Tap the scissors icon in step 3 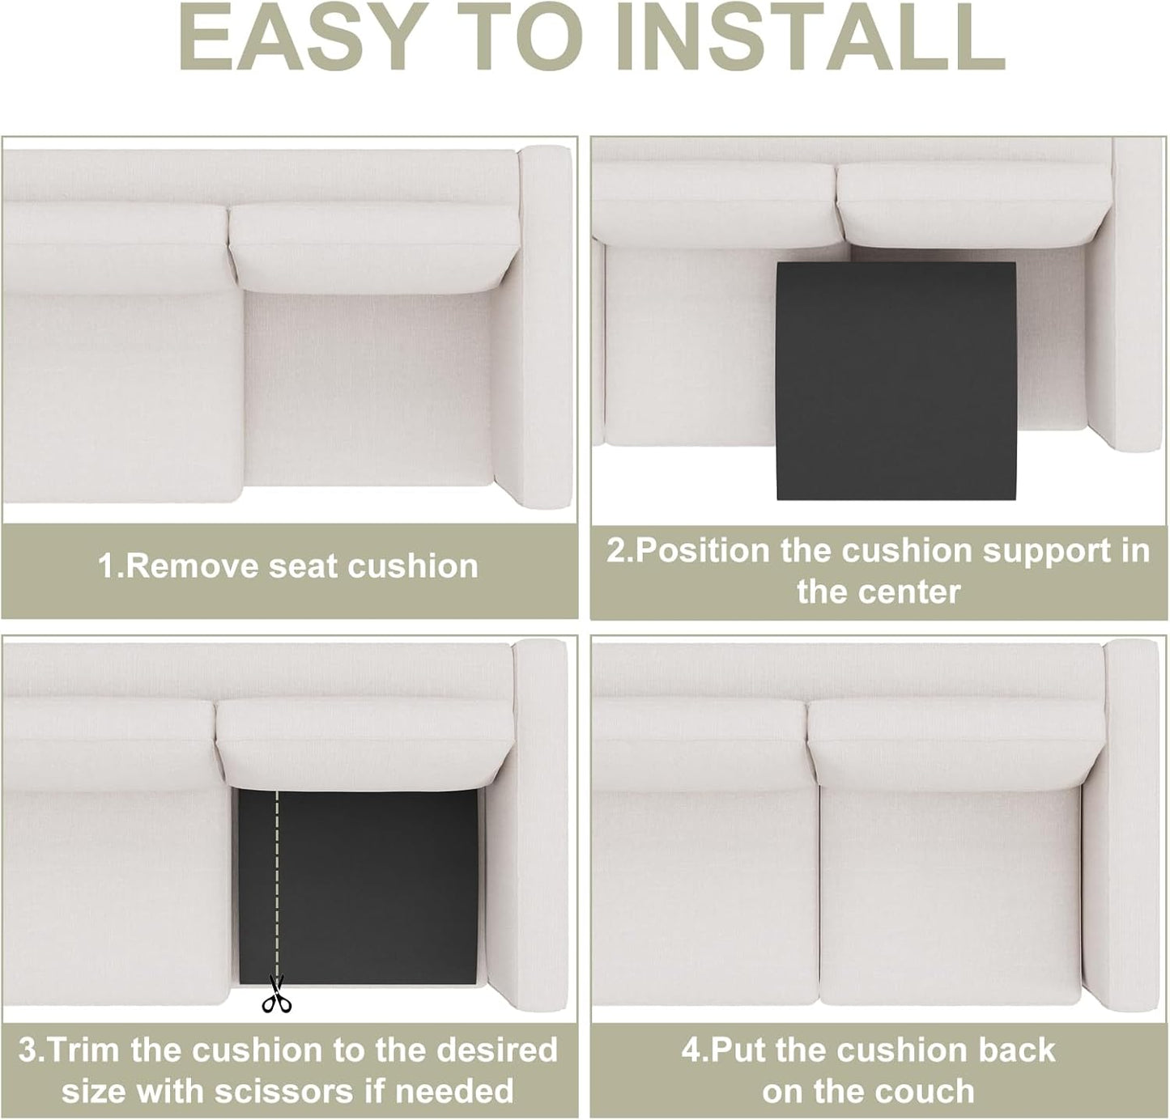(x=276, y=995)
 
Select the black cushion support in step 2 (x=895, y=380)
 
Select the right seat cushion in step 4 (x=951, y=890)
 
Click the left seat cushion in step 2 (x=684, y=348)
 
